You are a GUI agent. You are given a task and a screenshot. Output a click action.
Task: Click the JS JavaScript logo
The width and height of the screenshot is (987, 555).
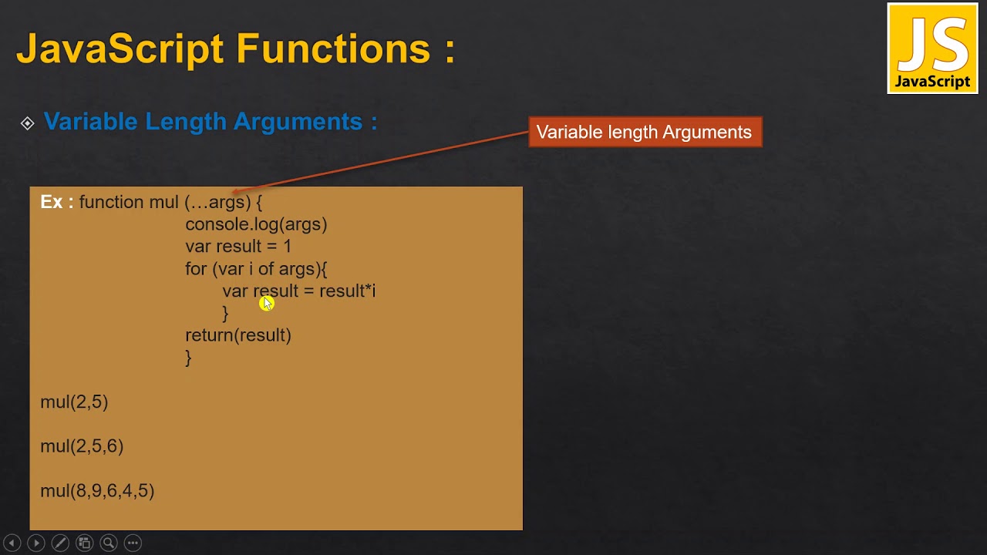tap(932, 49)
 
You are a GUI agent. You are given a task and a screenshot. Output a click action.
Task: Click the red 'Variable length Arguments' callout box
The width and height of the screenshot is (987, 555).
tap(645, 132)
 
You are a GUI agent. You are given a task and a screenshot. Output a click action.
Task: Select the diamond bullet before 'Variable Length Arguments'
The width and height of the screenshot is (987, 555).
tap(28, 123)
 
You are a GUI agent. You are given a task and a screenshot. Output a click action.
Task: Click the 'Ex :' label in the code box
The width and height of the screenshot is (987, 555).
tap(56, 202)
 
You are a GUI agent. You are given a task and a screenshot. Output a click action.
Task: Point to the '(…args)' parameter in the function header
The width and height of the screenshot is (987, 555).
tap(218, 202)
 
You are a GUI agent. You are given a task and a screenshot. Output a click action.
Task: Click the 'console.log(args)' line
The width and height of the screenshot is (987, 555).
tap(256, 224)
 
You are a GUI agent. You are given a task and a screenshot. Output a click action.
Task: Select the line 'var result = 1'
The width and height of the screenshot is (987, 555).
tap(238, 247)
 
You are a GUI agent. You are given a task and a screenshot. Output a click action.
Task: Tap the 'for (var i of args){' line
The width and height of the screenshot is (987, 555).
tap(256, 269)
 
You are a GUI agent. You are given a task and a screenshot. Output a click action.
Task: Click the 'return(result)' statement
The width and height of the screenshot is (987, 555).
tap(238, 335)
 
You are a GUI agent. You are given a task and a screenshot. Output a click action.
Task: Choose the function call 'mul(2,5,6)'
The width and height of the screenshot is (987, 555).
tap(82, 446)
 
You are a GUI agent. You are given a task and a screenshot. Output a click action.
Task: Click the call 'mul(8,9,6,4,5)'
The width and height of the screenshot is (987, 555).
tap(97, 491)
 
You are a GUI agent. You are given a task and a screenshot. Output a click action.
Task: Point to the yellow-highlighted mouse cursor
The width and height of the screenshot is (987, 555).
tap(267, 303)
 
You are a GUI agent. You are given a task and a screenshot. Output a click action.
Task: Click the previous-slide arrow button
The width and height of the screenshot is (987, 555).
tap(12, 543)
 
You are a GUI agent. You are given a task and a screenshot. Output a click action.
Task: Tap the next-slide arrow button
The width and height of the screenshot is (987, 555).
tap(35, 543)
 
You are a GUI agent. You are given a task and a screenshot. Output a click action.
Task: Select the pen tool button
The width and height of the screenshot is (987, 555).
tap(60, 543)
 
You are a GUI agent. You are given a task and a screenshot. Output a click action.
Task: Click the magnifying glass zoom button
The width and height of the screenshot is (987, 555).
tap(109, 543)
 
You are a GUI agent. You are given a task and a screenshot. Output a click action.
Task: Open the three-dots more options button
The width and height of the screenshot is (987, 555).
tap(133, 543)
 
